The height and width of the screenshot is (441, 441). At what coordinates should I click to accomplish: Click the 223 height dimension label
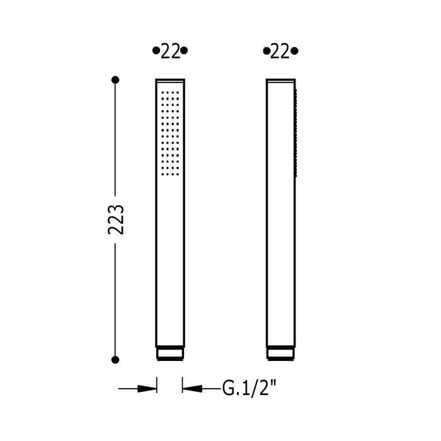click(x=115, y=219)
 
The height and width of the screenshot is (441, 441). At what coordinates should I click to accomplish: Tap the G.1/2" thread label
click(x=249, y=389)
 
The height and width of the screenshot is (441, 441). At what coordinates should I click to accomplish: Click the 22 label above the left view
click(x=170, y=52)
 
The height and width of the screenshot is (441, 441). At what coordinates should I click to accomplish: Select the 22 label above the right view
click(x=280, y=52)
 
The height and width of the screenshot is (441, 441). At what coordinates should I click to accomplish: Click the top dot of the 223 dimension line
click(x=115, y=80)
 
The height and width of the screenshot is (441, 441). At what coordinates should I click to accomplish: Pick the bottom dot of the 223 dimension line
click(x=115, y=360)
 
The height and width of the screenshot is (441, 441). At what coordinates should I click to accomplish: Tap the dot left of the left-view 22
click(x=156, y=50)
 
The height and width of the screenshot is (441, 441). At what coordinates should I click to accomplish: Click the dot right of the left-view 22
click(x=184, y=50)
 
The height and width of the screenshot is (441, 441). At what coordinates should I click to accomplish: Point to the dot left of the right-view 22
click(x=266, y=51)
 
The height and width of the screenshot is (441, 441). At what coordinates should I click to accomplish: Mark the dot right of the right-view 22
click(x=294, y=51)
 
